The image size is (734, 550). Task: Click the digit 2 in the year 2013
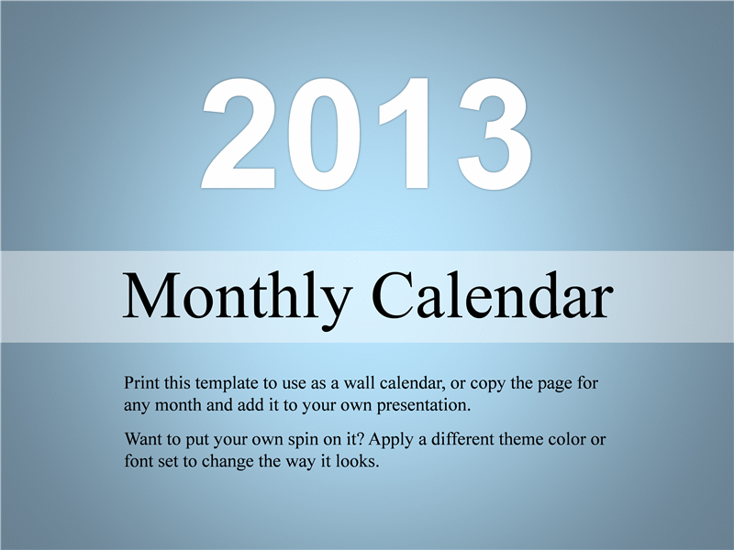click(x=239, y=133)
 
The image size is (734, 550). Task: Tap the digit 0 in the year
click(x=324, y=134)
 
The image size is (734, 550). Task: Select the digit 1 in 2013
click(x=406, y=133)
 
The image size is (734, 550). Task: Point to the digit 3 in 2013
click(x=495, y=134)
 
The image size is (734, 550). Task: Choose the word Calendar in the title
click(x=493, y=295)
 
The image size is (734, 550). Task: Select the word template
click(x=227, y=384)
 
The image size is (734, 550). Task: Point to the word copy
click(x=488, y=385)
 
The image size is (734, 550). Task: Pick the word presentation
click(x=424, y=406)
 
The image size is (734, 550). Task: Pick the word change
click(x=228, y=463)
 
